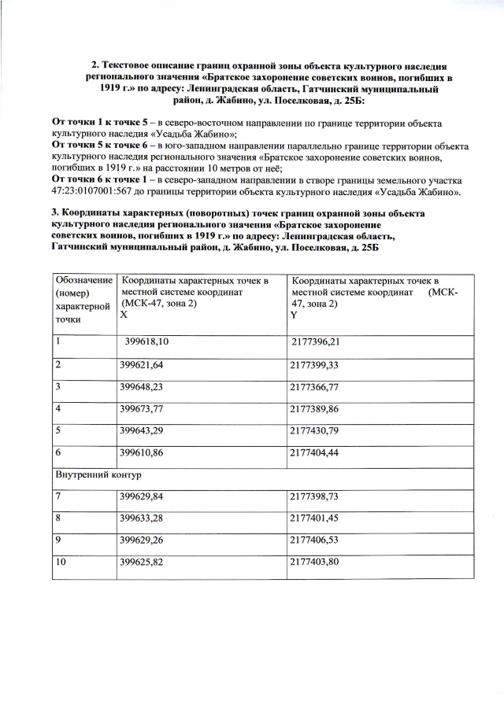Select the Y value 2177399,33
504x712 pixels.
point(315,365)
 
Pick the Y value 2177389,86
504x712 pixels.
point(315,409)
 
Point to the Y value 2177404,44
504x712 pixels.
point(315,453)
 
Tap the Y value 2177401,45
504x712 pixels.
point(315,519)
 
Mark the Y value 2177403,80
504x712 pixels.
point(315,563)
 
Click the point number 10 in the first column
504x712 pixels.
point(60,563)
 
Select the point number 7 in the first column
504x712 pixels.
point(57,497)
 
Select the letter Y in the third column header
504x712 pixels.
point(294,314)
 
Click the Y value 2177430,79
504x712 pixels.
point(315,431)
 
